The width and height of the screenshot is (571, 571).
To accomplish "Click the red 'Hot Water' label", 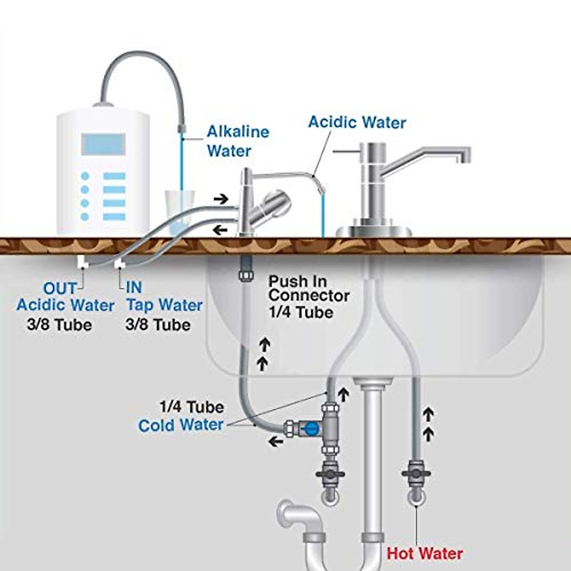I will coord(424,553).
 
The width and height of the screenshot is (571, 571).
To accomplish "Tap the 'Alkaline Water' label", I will coord(237,141).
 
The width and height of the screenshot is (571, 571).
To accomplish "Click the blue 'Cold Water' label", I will coord(181,425).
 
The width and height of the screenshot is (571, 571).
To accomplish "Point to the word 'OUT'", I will coord(59,288).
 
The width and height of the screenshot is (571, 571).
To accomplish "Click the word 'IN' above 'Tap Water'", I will coord(134,287).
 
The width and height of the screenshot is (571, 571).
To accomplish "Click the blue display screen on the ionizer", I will coord(103,144).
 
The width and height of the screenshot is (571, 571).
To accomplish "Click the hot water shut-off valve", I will coord(416,474).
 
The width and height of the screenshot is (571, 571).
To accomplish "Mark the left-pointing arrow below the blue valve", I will coord(276,442).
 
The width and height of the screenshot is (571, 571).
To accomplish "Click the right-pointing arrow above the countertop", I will coord(220,198).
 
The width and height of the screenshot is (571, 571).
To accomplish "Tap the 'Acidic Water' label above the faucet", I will coord(357,122).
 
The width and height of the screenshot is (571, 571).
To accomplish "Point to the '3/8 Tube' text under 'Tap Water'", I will coord(158,325).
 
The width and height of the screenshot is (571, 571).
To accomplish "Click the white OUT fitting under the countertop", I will coord(82,261).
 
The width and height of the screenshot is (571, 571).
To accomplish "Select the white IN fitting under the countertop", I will coord(119,261).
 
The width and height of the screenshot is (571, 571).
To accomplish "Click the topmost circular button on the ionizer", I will coord(85,176).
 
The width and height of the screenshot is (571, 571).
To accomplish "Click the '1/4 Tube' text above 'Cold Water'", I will coord(191,407).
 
